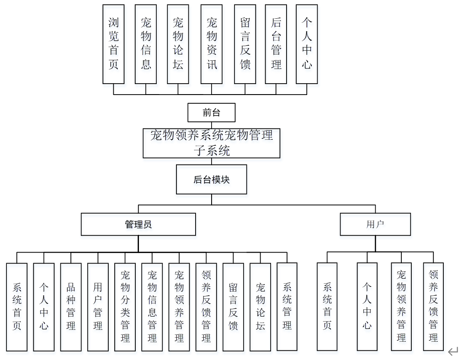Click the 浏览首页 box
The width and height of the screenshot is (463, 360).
coord(113,44)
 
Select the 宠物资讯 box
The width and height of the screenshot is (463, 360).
coord(212,44)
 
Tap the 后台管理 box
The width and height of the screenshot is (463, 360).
coord(276,44)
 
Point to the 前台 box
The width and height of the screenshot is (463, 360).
coord(212,113)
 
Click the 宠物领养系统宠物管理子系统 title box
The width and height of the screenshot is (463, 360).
coord(212,143)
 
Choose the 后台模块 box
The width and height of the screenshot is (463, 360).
coord(212,180)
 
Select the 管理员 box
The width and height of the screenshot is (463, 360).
coord(138,224)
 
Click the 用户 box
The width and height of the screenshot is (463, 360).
coord(375,224)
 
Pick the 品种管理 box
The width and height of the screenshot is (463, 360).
coord(71,307)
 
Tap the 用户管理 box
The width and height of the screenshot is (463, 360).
coord(98,307)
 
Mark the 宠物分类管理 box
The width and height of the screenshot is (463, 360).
coord(125,307)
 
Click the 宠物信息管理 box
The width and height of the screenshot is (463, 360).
coord(152,307)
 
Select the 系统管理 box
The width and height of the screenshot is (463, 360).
coord(287,307)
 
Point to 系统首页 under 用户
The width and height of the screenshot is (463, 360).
coord(327,307)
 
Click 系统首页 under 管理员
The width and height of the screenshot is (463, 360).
coord(17,307)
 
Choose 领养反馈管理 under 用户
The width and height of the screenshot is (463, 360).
coord(433,307)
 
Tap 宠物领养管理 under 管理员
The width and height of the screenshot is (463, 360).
coord(179,307)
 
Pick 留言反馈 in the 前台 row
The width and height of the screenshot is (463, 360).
coord(245,44)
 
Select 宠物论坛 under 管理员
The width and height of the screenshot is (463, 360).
coord(260,307)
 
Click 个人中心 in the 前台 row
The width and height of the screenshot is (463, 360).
coord(307,44)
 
